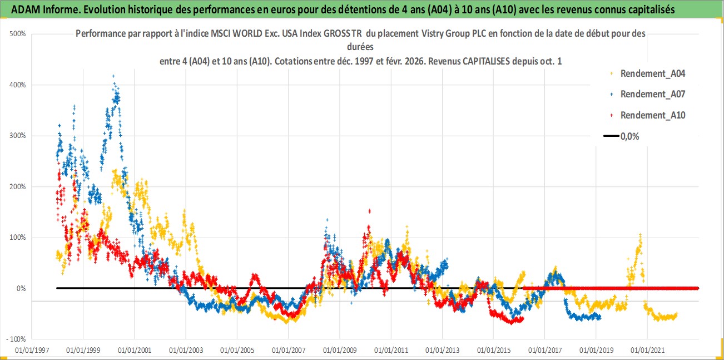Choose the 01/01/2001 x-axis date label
click(x=134, y=351)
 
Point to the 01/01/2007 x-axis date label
click(x=288, y=351)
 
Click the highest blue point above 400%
click(x=113, y=76)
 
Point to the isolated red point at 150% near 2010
click(x=370, y=210)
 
